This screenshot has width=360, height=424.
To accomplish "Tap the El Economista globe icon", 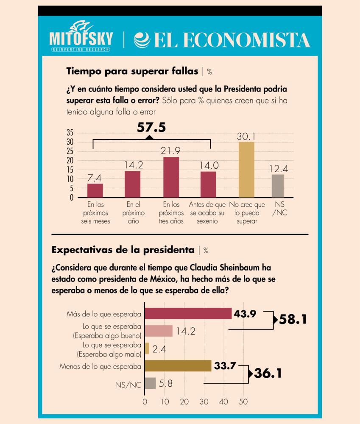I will point(141,39).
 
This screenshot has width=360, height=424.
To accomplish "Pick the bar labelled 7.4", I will point(95,190).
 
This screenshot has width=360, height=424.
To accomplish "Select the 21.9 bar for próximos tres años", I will point(171,177).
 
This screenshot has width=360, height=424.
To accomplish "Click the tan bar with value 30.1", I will point(246,169).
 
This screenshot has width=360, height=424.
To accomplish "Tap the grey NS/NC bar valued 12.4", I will point(278,186).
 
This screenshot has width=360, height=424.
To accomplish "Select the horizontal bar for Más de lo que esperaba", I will point(188,313).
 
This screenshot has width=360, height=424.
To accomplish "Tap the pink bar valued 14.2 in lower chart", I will point(159,331).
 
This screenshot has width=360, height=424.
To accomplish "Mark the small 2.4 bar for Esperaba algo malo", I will point(147,348).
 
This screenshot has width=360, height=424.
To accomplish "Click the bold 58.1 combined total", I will point(292,319).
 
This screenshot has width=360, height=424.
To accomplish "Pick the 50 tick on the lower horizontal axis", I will point(243,401).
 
